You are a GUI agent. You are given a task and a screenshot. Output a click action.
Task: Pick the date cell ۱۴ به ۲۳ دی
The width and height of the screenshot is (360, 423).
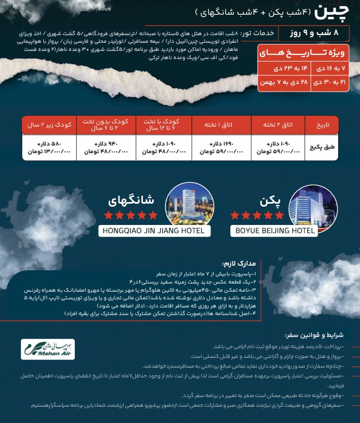tap(284, 68)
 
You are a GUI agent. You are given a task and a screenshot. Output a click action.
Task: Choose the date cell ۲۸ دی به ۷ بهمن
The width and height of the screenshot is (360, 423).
tap(284, 82)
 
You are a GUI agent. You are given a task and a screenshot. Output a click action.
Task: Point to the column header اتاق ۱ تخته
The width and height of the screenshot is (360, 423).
tap(221, 124)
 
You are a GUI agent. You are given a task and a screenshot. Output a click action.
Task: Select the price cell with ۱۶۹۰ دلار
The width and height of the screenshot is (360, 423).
tap(221, 148)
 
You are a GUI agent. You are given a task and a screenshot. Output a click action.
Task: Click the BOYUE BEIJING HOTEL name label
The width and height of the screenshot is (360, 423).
tap(275, 231)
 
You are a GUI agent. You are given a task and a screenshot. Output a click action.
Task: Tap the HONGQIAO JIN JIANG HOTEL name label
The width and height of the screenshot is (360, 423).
tap(154, 231)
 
